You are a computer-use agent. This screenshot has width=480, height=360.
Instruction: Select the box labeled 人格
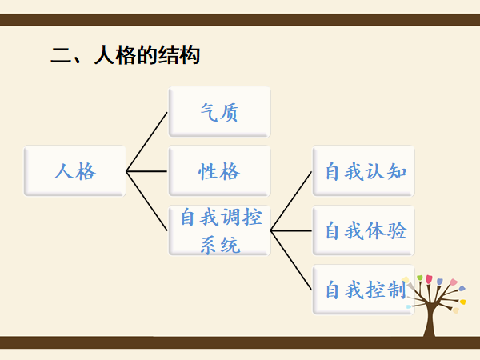[x=75, y=170]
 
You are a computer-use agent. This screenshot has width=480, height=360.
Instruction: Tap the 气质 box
[x=219, y=111]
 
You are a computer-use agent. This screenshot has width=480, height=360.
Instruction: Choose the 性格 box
[x=219, y=170]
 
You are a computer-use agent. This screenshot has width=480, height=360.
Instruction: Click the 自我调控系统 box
[x=219, y=230]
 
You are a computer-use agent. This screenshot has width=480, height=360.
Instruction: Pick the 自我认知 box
[x=364, y=170]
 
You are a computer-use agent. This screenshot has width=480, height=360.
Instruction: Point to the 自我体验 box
[x=364, y=230]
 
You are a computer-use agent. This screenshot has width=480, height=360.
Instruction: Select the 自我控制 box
[x=364, y=289]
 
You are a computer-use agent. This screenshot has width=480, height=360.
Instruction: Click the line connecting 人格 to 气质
[x=147, y=141]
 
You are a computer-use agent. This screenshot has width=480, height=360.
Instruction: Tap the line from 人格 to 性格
[x=148, y=170]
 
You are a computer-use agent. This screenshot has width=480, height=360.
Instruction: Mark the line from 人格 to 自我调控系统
[x=147, y=201]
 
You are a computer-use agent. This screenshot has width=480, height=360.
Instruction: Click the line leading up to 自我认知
[x=292, y=200]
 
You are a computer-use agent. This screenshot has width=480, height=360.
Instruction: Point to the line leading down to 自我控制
[x=292, y=260]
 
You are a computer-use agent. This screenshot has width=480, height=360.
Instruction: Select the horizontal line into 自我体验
[x=292, y=230]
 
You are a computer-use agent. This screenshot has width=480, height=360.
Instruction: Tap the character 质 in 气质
[x=230, y=111]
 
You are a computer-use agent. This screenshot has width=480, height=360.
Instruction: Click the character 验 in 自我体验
[x=398, y=230]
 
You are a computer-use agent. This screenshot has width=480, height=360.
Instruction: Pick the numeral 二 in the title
[x=59, y=57]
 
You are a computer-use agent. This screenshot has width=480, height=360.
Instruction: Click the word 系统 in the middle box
[x=219, y=243]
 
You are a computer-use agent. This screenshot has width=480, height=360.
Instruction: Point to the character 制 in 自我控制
[x=398, y=289]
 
